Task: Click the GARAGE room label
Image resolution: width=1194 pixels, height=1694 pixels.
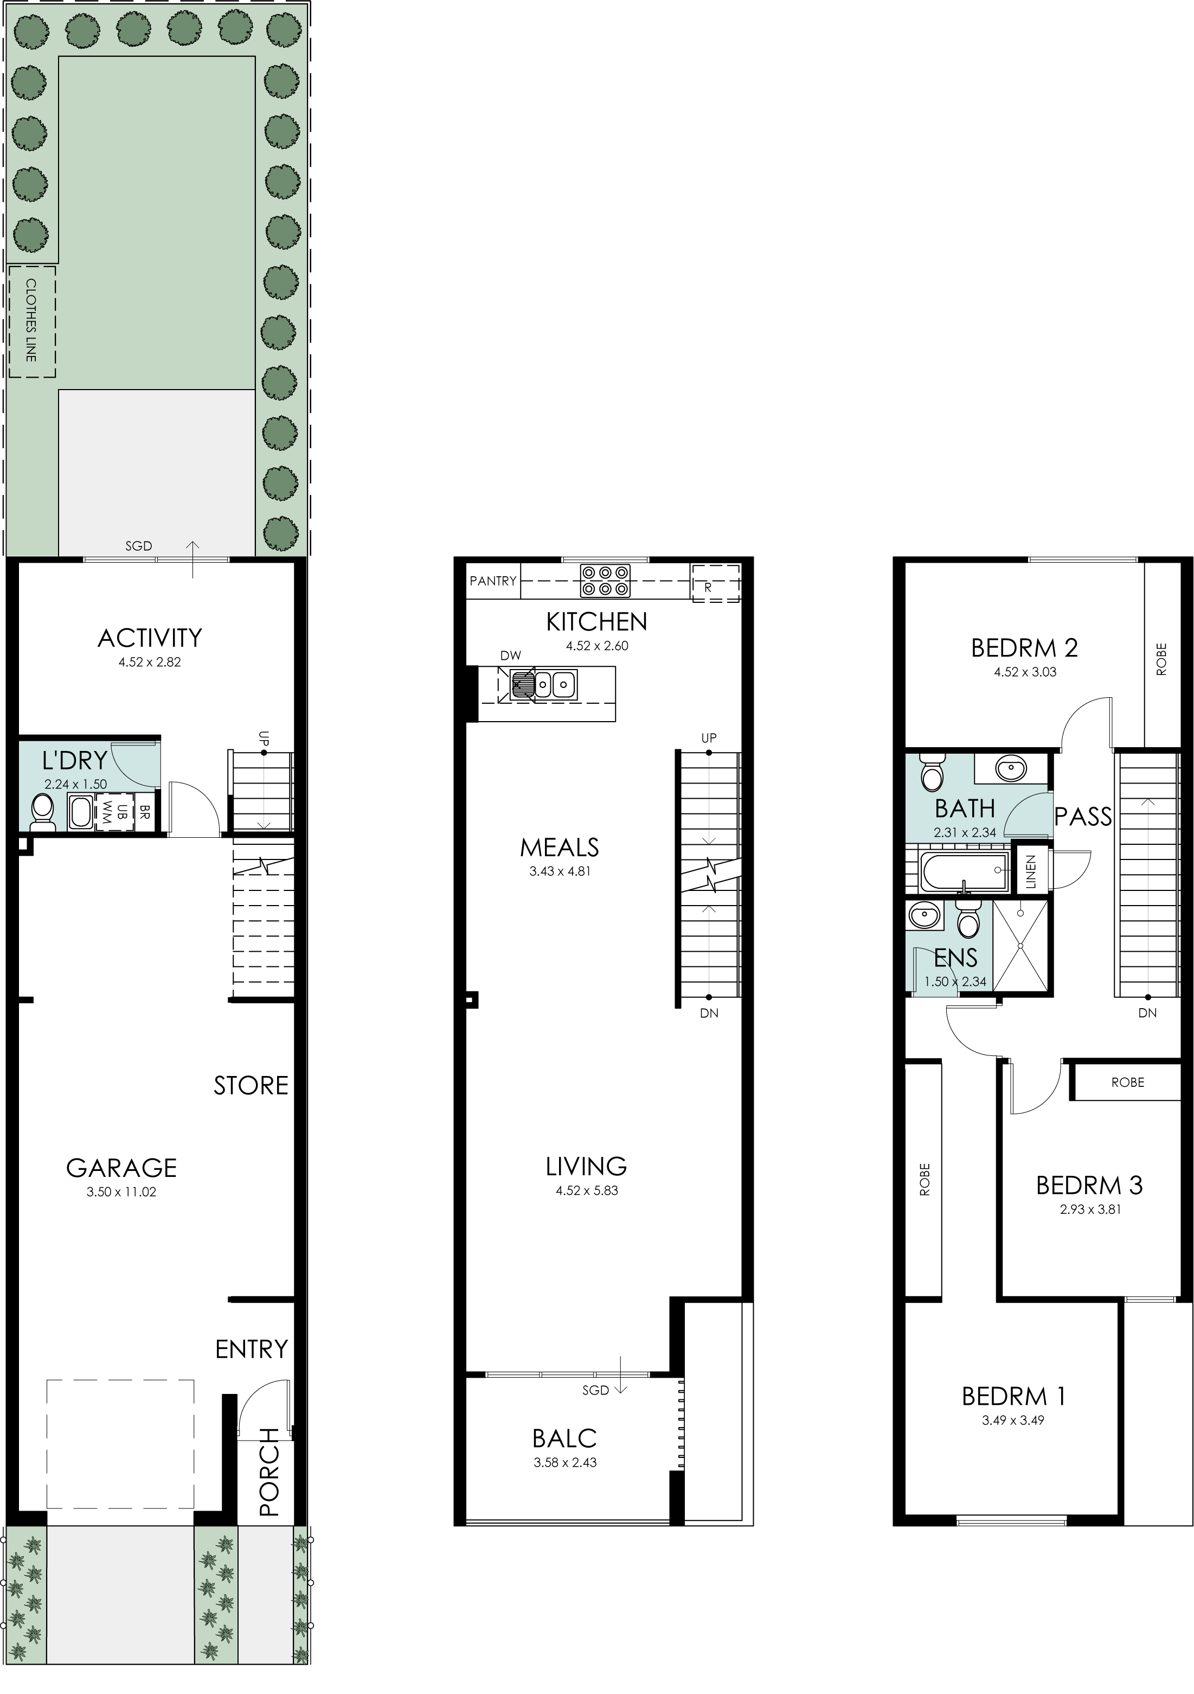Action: point(121,1167)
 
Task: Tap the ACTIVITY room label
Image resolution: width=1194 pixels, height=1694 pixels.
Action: point(150,638)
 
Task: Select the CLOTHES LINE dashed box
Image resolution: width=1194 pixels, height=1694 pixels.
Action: point(31,322)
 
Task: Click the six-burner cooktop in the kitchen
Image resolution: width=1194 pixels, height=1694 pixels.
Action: point(605,580)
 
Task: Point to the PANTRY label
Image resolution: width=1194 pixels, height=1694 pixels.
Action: point(493,581)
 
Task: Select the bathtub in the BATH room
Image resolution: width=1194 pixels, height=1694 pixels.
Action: point(964,871)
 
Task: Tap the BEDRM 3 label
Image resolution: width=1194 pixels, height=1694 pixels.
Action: point(1089,1185)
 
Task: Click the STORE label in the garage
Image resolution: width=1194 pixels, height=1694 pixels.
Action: point(251,1085)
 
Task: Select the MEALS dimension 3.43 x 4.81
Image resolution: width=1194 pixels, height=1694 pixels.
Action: point(560,871)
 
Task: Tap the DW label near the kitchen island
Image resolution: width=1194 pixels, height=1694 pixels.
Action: point(510,655)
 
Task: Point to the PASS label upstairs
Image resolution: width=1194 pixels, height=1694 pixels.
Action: point(1083,816)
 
